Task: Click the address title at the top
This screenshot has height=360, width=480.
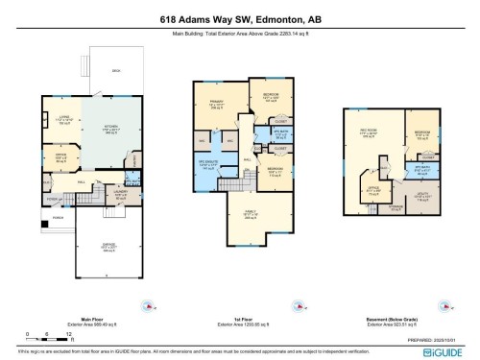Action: pos(239,18)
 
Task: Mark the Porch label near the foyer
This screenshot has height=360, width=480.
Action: pos(59,218)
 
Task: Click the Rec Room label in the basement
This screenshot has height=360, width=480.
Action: pos(368,133)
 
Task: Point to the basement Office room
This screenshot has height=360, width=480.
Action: pos(372,189)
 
